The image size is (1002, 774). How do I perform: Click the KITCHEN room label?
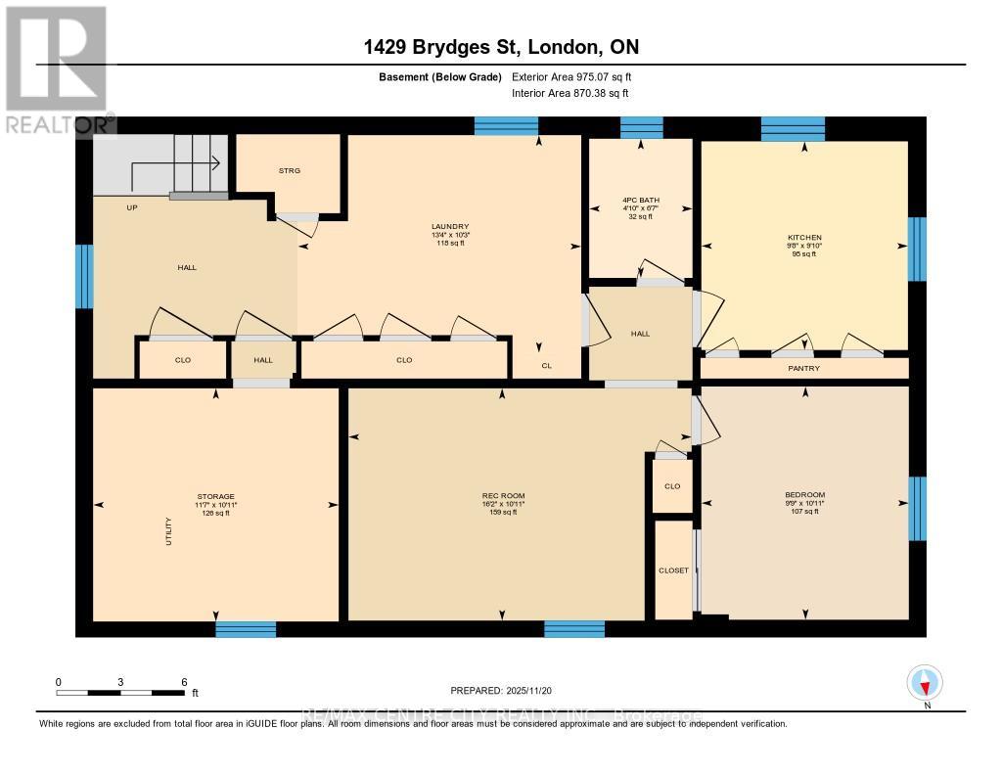point(804,238)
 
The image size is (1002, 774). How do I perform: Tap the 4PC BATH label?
point(641,200)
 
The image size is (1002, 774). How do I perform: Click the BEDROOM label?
point(804,495)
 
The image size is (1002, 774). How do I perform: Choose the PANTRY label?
point(804,368)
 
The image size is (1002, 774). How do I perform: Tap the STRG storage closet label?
point(289,170)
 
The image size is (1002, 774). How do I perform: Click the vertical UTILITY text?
point(168,530)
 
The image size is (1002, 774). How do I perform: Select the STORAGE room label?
point(214,496)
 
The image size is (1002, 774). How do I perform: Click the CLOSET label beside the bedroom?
point(673,570)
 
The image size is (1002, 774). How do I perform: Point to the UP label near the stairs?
point(131,207)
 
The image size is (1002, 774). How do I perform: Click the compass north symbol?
point(925,682)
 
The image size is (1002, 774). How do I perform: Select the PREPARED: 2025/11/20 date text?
point(500,690)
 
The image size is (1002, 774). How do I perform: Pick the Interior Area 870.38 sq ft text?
point(569,93)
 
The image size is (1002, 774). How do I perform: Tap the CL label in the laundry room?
point(547,367)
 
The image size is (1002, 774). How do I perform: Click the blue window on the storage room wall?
point(246,629)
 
